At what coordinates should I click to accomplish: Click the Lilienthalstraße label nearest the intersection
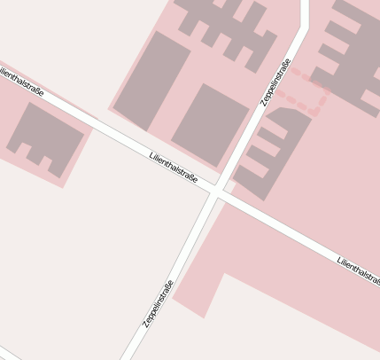click(174, 166)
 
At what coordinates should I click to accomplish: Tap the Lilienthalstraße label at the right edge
click(358, 269)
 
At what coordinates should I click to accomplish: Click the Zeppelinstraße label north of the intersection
click(275, 82)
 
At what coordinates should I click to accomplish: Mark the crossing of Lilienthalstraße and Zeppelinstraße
click(217, 192)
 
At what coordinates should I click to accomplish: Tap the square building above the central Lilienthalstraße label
click(211, 125)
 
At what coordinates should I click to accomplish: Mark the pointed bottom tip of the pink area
click(204, 316)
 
